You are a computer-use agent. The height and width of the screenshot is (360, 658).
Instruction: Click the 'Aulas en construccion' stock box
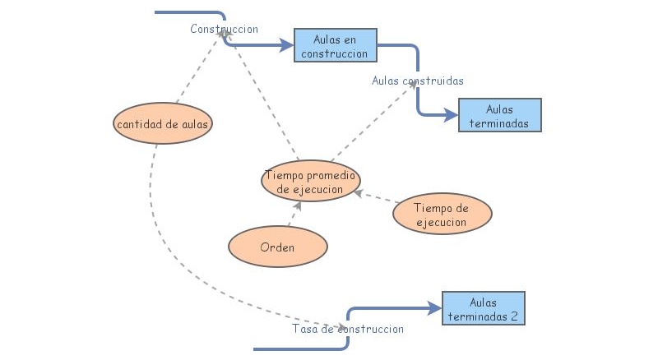pyautogui.click(x=335, y=45)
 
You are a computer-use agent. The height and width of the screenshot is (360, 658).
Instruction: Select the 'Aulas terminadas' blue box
pyautogui.click(x=499, y=115)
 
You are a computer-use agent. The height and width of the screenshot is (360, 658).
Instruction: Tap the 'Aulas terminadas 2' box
pyautogui.click(x=483, y=308)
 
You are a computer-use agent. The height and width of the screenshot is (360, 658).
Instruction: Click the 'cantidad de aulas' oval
pyautogui.click(x=163, y=123)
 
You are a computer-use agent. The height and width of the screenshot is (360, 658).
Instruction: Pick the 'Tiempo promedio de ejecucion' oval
pyautogui.click(x=311, y=182)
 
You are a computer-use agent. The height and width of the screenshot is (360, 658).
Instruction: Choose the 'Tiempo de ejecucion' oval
pyautogui.click(x=442, y=215)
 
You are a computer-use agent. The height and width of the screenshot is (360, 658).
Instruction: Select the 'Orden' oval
pyautogui.click(x=277, y=247)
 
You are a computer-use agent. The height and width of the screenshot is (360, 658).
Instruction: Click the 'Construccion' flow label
pyautogui.click(x=224, y=29)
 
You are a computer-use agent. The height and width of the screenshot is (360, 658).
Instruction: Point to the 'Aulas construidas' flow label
pyautogui.click(x=417, y=81)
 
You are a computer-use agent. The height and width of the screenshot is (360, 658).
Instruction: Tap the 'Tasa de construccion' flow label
pyautogui.click(x=347, y=329)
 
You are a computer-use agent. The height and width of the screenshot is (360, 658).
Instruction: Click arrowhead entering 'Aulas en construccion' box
pyautogui.click(x=288, y=44)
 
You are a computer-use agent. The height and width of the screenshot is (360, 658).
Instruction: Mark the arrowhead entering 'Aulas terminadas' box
pyautogui.click(x=452, y=116)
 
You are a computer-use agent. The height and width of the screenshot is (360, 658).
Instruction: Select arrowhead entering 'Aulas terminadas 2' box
pyautogui.click(x=436, y=309)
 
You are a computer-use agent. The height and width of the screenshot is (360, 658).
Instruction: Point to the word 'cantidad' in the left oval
pyautogui.click(x=137, y=123)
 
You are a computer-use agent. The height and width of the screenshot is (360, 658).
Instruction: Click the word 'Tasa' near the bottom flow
pyautogui.click(x=304, y=329)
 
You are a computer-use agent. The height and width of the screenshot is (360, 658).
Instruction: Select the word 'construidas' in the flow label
pyautogui.click(x=435, y=81)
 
